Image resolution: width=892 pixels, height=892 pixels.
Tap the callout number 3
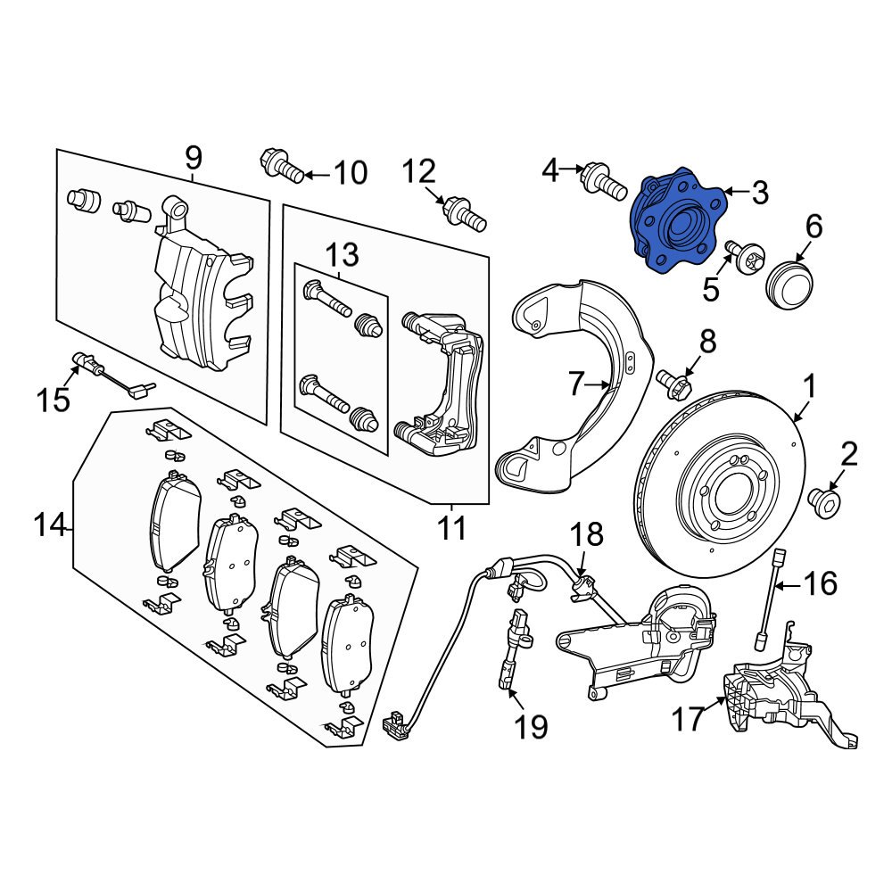point(758,192)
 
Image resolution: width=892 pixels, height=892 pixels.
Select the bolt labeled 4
point(603,182)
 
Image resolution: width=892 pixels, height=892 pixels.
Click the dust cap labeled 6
point(788,280)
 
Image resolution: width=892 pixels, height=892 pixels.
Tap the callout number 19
point(530,727)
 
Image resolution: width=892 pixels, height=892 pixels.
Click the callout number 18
point(587,535)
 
